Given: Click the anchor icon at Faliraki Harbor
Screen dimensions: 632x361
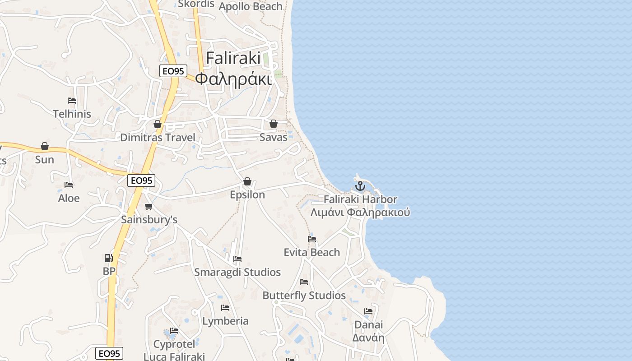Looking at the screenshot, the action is [360, 186].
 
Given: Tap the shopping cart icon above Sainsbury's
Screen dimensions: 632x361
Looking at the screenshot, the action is [149, 207].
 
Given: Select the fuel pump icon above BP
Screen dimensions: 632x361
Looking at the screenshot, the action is [108, 258].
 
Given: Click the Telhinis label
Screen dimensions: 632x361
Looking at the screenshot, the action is [72, 114].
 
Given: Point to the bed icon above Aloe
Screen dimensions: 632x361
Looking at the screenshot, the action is [69, 185].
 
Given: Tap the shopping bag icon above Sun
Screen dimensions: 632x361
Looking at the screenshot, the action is [45, 146].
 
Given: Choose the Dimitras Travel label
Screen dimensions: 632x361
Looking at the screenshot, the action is [158, 138].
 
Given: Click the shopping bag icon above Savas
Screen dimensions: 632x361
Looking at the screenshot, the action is [273, 124].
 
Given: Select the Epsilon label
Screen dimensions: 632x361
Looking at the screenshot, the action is [247, 194].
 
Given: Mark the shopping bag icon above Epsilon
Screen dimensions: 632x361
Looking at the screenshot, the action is [247, 181].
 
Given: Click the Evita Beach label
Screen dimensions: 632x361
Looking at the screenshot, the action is [311, 252].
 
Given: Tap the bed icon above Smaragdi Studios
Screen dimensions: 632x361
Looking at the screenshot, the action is [237, 259].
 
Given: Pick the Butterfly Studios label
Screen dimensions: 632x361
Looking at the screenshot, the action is [304, 296].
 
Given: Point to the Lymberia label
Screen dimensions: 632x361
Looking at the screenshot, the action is [225, 321].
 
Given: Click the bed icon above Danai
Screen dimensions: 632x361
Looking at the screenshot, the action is [368, 311].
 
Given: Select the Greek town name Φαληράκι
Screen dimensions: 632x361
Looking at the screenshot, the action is [234, 79].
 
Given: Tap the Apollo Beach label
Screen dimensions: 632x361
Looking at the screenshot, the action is [251, 6].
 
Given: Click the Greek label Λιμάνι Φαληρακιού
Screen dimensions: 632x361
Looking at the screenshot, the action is [360, 212].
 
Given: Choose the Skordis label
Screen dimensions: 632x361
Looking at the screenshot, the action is [196, 4].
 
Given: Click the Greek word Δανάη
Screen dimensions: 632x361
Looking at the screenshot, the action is [368, 338].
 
